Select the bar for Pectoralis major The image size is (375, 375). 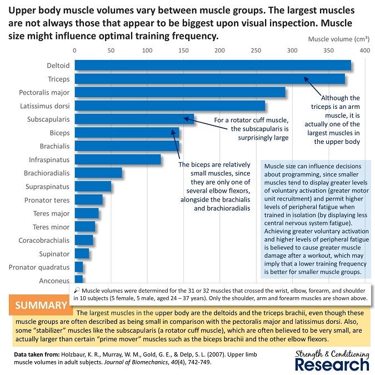pyautogui.click(x=180, y=92)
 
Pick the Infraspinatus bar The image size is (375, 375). pyautogui.click(x=118, y=160)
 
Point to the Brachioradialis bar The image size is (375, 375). pyautogui.click(x=98, y=173)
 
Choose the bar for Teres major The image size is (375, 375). pyautogui.click(x=87, y=214)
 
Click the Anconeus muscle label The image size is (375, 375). pyautogui.click(x=54, y=281)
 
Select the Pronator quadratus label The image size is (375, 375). pyautogui.click(x=39, y=267)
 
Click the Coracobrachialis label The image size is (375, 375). pyautogui.click(x=44, y=241)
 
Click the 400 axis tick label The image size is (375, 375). pyautogui.click(x=365, y=51)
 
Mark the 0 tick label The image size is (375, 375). pyautogui.click(x=75, y=51)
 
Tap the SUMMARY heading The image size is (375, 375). pyautogui.click(x=41, y=306)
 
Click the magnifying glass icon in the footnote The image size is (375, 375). pyautogui.click(x=77, y=291)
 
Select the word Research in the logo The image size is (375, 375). pyautogui.click(x=332, y=364)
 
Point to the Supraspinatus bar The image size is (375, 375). pyautogui.click(x=93, y=187)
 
